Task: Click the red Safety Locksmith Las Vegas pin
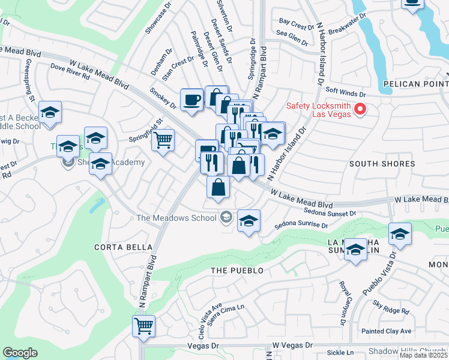(360, 109)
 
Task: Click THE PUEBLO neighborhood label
(237, 271)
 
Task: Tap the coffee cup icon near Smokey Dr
(192, 100)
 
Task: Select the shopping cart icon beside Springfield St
(163, 141)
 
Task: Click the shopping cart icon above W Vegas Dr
(143, 326)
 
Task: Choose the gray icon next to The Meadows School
(226, 217)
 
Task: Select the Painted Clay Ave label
(386, 331)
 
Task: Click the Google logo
(20, 353)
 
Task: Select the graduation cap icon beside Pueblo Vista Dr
(400, 235)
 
